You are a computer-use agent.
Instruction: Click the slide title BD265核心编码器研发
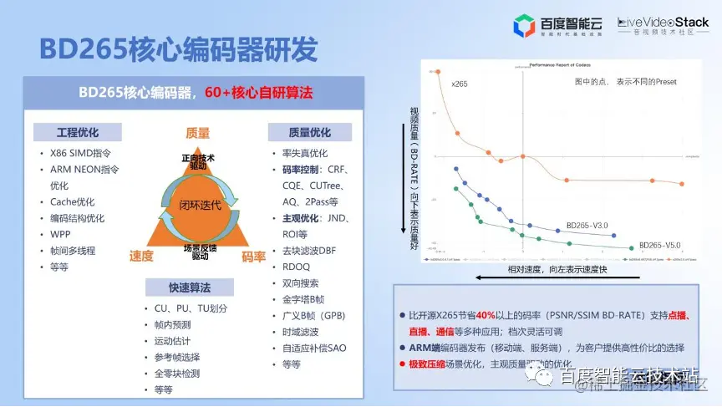(178, 49)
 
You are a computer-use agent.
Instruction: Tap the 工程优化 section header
(77, 132)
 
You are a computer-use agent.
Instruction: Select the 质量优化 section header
(309, 132)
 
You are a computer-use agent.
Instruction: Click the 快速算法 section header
(189, 287)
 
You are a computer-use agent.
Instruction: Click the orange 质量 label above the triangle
(197, 133)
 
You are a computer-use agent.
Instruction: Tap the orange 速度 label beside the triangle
(141, 256)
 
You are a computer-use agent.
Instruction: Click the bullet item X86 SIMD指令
(80, 154)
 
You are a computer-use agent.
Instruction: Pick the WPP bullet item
(60, 234)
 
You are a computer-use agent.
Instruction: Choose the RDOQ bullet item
(297, 267)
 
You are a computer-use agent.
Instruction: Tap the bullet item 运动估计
(172, 341)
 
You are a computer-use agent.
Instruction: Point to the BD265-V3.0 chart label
(587, 225)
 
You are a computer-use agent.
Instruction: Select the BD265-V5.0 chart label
(659, 245)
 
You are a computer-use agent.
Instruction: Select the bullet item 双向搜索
(301, 283)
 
